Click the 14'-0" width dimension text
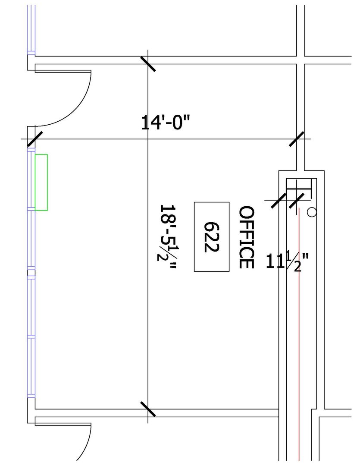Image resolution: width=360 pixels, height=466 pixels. click(x=165, y=123)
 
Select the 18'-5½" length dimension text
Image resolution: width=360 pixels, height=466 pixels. click(x=167, y=236)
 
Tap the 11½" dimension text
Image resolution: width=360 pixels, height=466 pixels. click(x=287, y=261)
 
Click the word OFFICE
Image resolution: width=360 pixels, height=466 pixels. click(x=247, y=237)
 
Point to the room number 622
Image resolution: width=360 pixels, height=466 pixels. click(x=212, y=237)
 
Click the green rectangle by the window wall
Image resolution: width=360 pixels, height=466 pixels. click(x=41, y=182)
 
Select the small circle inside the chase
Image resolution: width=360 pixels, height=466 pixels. click(x=312, y=212)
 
